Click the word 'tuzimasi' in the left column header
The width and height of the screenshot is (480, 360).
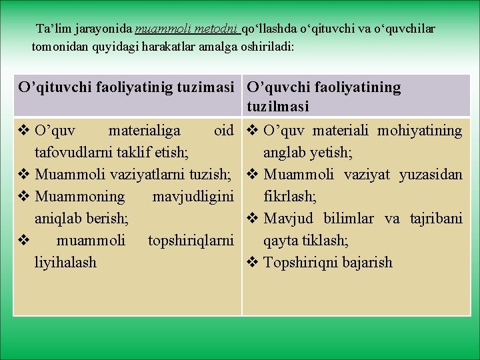[205, 87]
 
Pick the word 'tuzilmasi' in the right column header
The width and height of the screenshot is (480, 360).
[277, 106]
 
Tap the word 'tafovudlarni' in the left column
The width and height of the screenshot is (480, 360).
[71, 152]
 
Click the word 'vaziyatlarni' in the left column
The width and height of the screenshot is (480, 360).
[153, 174]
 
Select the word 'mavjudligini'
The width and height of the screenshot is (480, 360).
[193, 196]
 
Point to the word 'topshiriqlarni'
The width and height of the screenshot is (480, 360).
[191, 240]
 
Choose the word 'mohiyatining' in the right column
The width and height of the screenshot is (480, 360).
[419, 130]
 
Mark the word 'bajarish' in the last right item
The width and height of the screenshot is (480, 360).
[366, 262]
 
